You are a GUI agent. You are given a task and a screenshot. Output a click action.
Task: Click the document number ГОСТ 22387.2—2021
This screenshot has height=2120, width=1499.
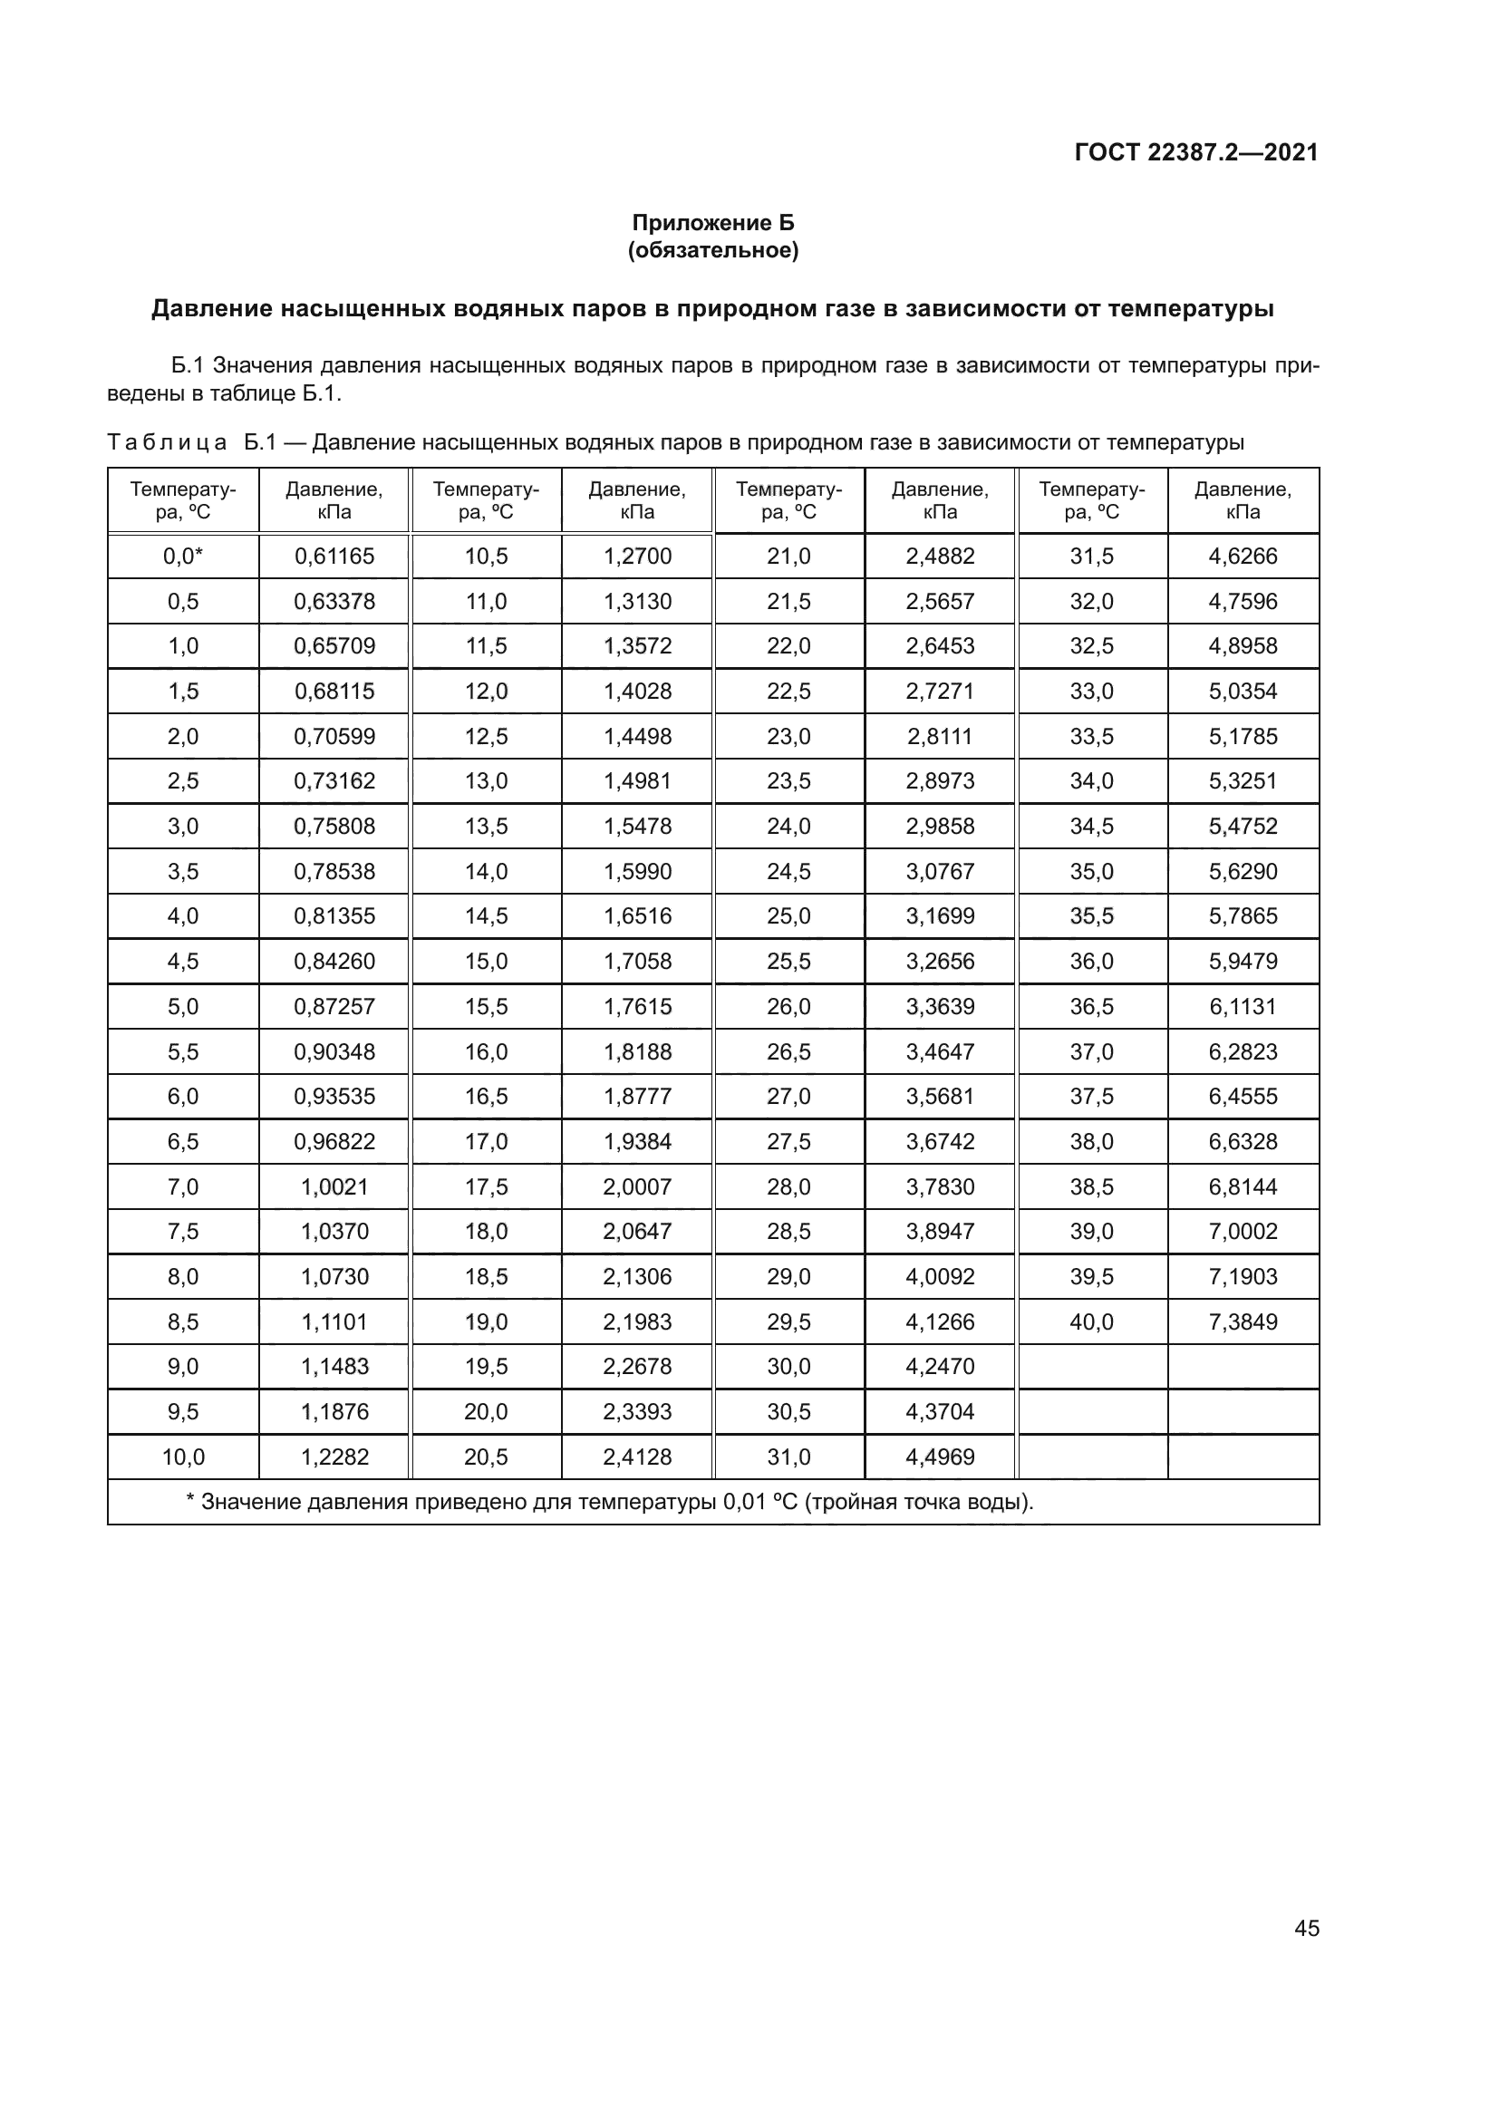[x=1196, y=152]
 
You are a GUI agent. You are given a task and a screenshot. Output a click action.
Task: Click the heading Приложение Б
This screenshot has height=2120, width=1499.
[x=712, y=223]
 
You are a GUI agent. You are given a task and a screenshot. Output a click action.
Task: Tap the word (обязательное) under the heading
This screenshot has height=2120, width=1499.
[x=712, y=250]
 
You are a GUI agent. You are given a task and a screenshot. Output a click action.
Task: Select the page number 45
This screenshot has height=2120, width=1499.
[x=1306, y=1928]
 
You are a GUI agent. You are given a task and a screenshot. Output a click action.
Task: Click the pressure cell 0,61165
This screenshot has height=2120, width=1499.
[x=334, y=556]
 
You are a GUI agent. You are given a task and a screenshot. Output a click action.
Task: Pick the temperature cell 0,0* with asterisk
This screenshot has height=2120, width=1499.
[x=183, y=556]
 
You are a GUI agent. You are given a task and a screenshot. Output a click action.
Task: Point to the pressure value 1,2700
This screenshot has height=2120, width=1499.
[x=637, y=556]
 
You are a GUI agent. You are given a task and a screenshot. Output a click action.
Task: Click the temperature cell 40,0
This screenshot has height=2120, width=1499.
[x=1091, y=1321]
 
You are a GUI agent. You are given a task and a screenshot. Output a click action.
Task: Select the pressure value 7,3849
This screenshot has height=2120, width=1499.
[x=1243, y=1321]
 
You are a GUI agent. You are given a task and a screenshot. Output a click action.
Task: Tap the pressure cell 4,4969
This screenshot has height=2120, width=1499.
[x=940, y=1457]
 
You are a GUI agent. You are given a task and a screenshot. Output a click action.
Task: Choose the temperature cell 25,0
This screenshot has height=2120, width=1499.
[x=788, y=916]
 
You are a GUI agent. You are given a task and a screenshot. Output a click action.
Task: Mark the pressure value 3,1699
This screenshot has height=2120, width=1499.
[x=940, y=916]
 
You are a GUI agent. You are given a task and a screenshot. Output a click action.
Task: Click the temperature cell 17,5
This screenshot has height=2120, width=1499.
[x=486, y=1186]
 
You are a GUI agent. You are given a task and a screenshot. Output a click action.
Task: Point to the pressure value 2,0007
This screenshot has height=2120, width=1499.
[x=637, y=1186]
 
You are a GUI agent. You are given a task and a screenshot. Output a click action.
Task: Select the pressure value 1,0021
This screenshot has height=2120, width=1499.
[x=334, y=1186]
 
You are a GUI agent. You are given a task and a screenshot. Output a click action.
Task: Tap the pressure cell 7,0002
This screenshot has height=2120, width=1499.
[x=1243, y=1231]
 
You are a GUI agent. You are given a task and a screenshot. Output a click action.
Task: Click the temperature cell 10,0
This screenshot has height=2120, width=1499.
[x=183, y=1457]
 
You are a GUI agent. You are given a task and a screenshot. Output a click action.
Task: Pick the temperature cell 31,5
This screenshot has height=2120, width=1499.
[x=1091, y=556]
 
